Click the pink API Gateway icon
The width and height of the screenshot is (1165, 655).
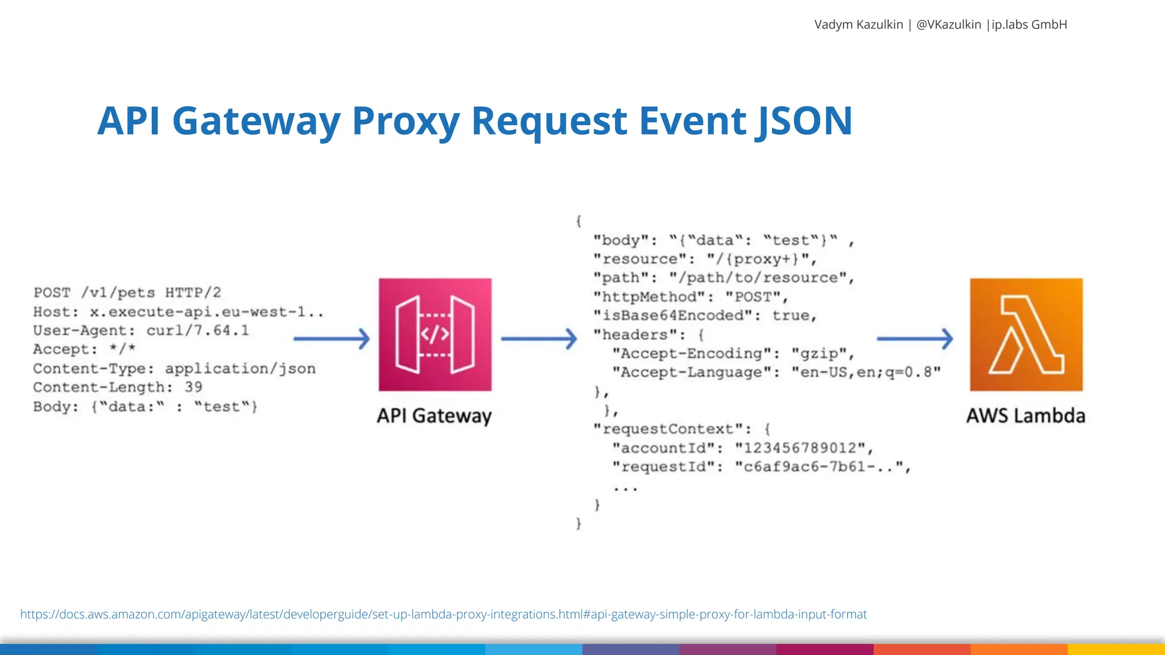(x=435, y=334)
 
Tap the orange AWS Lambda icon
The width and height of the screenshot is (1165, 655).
(x=1026, y=334)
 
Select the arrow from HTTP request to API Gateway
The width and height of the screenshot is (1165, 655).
(x=331, y=339)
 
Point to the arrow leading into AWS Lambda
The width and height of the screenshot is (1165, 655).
(x=914, y=339)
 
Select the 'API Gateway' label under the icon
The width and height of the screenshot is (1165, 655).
(x=434, y=416)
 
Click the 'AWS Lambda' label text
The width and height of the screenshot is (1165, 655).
(x=1026, y=416)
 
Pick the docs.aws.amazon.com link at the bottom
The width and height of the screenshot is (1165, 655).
(x=443, y=614)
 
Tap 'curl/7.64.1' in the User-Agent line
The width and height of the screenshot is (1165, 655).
(x=197, y=330)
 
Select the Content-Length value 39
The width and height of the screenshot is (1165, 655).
(x=193, y=387)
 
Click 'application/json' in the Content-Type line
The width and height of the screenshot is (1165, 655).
(x=240, y=368)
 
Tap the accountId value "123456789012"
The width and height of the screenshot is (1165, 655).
(x=800, y=448)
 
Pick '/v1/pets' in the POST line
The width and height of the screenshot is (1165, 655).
(x=118, y=293)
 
